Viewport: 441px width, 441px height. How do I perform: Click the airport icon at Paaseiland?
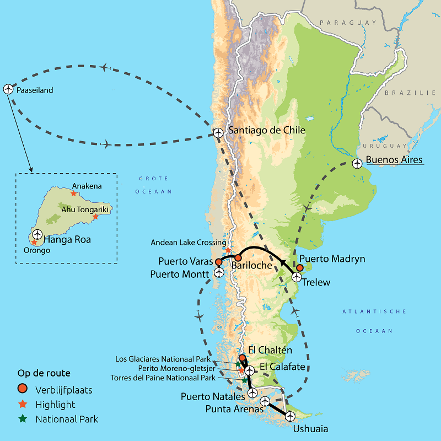[8, 88]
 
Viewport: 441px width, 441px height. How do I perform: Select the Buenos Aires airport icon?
[357, 163]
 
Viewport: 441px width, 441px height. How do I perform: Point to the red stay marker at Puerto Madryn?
[299, 268]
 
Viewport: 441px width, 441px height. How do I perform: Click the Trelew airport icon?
[296, 277]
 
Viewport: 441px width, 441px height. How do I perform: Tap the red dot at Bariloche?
[238, 257]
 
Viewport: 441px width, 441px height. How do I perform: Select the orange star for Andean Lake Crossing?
[228, 250]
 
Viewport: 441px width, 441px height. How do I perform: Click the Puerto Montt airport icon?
[219, 272]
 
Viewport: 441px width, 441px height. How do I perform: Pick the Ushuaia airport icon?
[290, 416]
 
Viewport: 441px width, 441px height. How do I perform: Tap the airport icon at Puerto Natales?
[252, 393]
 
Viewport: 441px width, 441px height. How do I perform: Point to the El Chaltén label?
[271, 350]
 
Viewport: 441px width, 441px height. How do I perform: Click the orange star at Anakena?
[73, 193]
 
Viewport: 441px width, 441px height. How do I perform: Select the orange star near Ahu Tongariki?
[95, 217]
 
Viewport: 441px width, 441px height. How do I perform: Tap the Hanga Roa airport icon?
[37, 234]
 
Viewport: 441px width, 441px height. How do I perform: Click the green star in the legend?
[23, 418]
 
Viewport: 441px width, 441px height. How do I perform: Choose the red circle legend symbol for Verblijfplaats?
[23, 390]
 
